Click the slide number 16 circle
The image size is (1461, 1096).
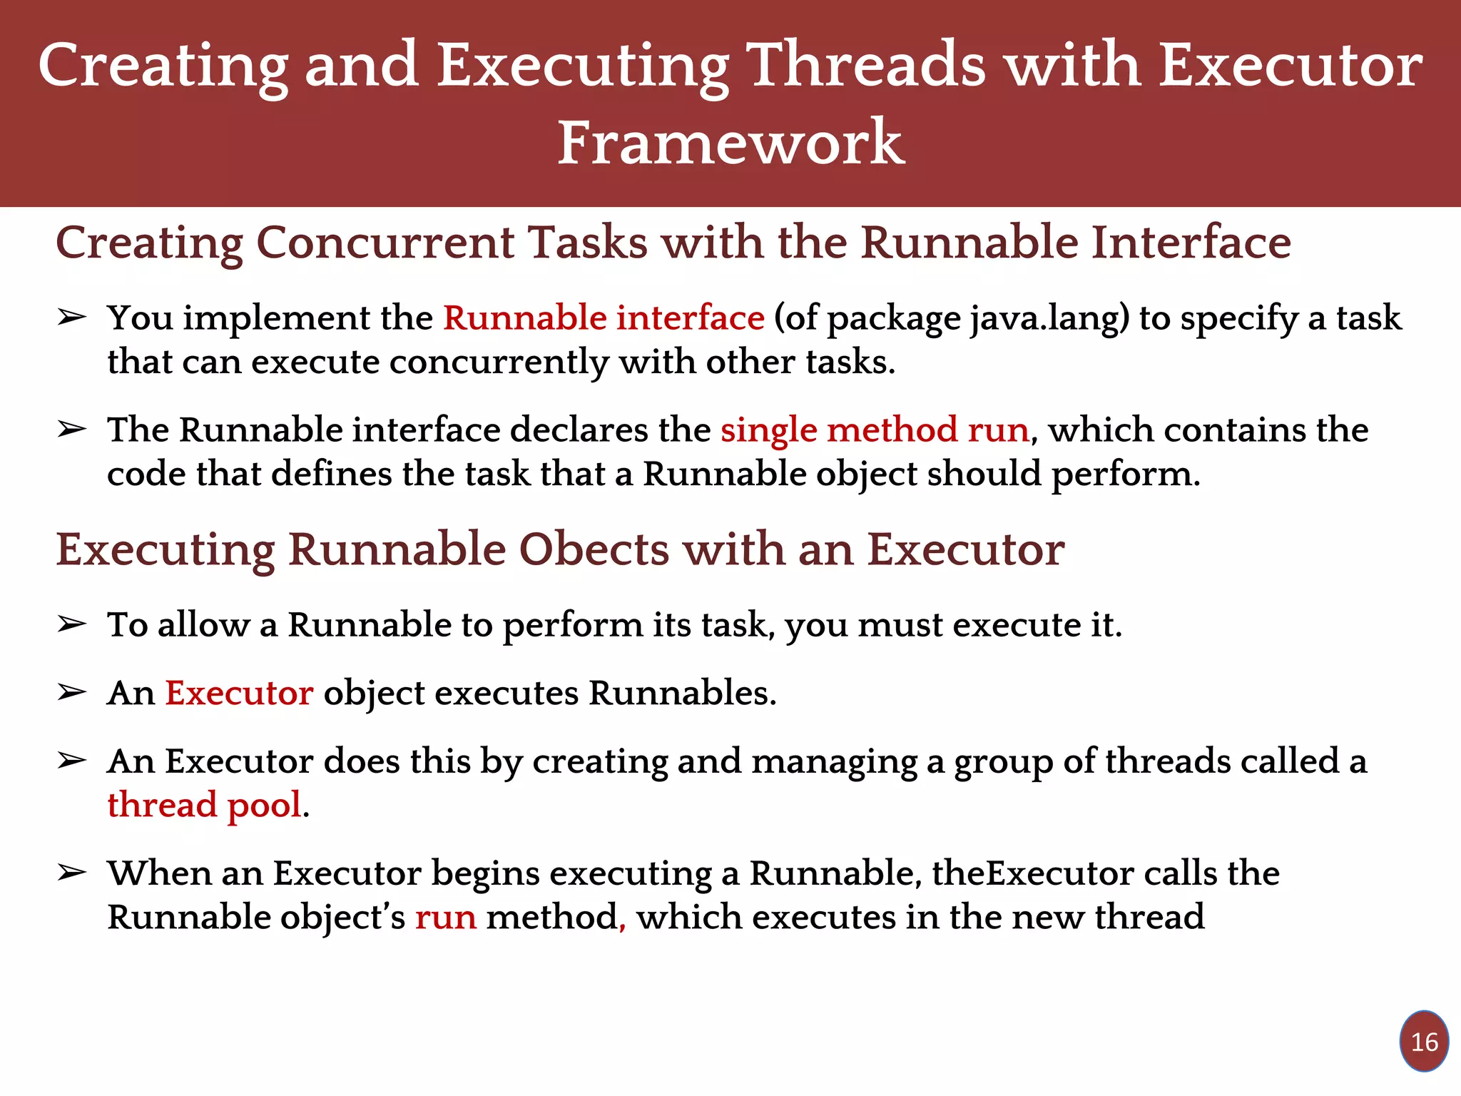pyautogui.click(x=1424, y=1041)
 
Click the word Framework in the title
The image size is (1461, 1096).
pyautogui.click(x=730, y=143)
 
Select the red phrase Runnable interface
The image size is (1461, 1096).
pyautogui.click(x=604, y=318)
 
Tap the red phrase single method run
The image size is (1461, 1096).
pyautogui.click(x=875, y=430)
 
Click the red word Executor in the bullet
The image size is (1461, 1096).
pyautogui.click(x=239, y=693)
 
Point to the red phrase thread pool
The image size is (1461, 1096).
pyautogui.click(x=205, y=805)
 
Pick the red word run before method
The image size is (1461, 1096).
pyautogui.click(x=445, y=917)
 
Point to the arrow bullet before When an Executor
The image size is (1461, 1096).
pyautogui.click(x=71, y=873)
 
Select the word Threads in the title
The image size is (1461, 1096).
pyautogui.click(x=866, y=66)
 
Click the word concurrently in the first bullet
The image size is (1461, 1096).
pyautogui.click(x=499, y=362)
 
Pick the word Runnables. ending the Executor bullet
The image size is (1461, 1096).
pyautogui.click(x=682, y=693)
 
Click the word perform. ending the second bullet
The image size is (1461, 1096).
pyautogui.click(x=1126, y=475)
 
